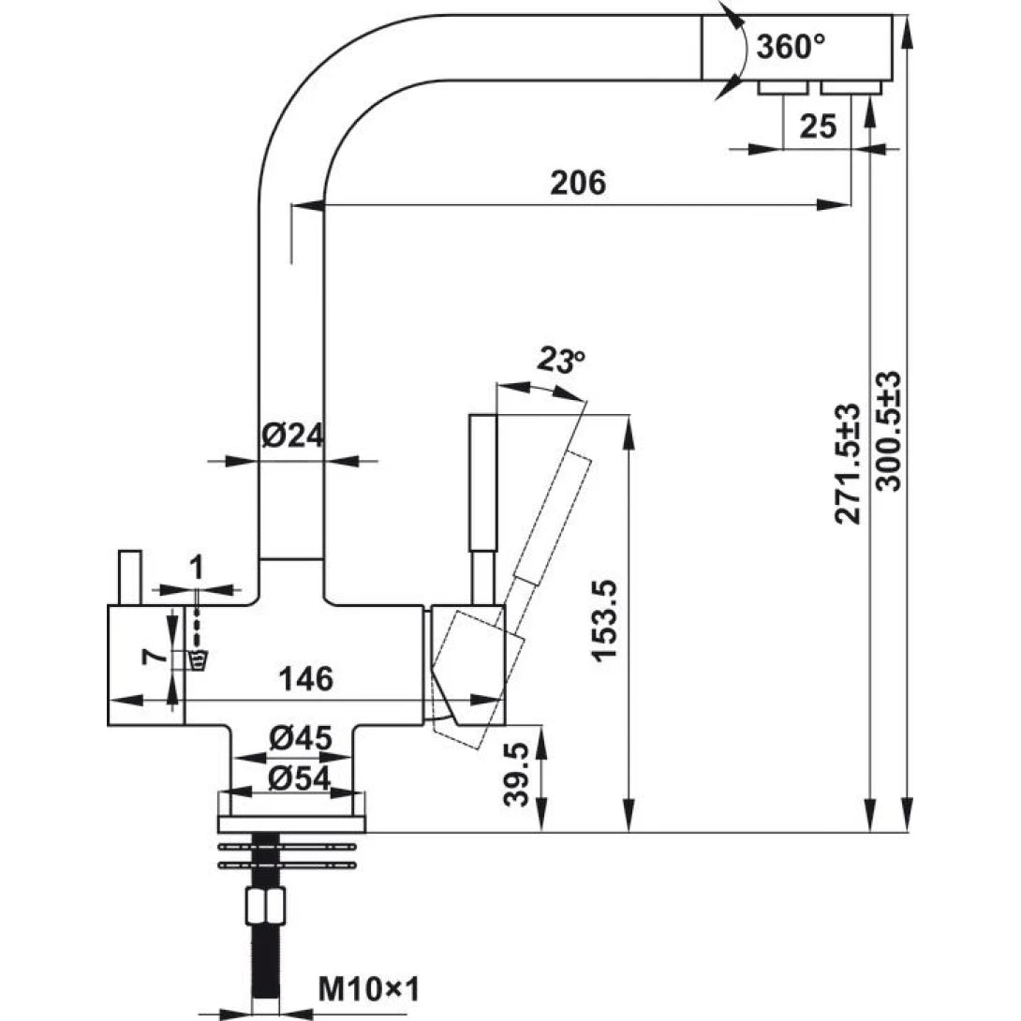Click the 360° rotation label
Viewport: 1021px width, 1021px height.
pos(791,46)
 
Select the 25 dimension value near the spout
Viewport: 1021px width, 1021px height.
pos(818,126)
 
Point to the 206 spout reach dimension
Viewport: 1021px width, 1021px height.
pos(579,183)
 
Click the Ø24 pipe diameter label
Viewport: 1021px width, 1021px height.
pos(291,436)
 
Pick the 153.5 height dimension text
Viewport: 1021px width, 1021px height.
pos(606,623)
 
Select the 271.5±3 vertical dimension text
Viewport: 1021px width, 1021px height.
pos(848,464)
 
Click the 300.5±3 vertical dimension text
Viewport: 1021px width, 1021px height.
pos(887,431)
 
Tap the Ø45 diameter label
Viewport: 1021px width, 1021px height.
pos(300,739)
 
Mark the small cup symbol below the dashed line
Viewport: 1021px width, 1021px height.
pos(197,661)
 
